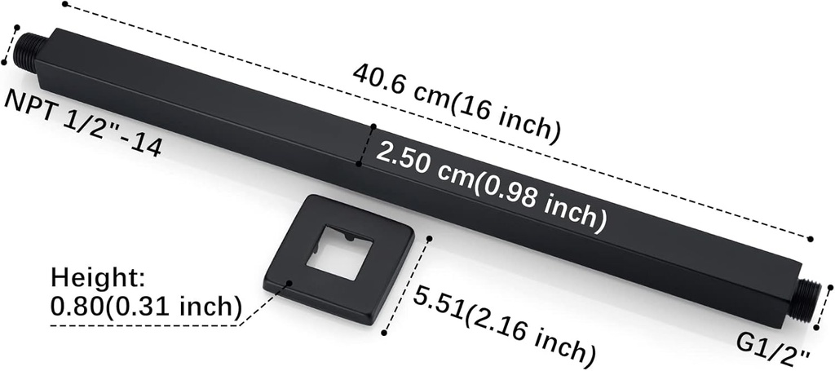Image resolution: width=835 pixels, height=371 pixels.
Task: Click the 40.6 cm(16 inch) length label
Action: (456, 104)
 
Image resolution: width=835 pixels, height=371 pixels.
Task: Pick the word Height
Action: (97, 279)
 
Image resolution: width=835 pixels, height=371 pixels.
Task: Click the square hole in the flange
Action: (338, 252)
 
